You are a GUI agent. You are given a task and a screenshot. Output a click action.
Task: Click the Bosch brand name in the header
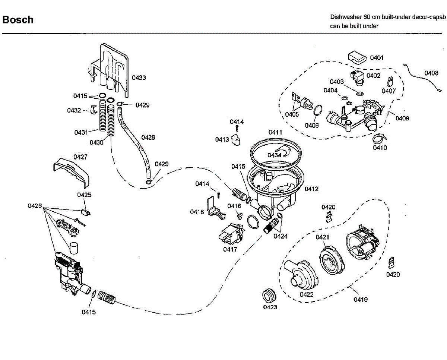pyautogui.click(x=18, y=20)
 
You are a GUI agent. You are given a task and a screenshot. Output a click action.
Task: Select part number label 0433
pyautogui.click(x=139, y=78)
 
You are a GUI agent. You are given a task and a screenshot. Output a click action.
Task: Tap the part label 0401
pyautogui.click(x=377, y=58)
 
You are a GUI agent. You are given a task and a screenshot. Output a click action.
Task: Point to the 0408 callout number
pyautogui.click(x=431, y=73)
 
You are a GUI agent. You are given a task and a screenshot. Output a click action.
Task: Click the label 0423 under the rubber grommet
pyautogui.click(x=270, y=307)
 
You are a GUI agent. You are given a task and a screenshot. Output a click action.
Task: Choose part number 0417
pyautogui.click(x=230, y=249)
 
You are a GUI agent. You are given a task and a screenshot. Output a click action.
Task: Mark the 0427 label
pyautogui.click(x=80, y=157)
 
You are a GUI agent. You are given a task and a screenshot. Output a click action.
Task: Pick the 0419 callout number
pyautogui.click(x=361, y=300)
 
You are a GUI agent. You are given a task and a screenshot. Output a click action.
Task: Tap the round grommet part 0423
pyautogui.click(x=269, y=295)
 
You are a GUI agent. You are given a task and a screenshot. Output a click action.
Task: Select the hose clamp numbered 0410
pyautogui.click(x=379, y=138)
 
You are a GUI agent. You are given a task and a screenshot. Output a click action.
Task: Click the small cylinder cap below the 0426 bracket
pyautogui.click(x=74, y=248)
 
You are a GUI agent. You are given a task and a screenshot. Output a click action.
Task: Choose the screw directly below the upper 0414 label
pyautogui.click(x=237, y=129)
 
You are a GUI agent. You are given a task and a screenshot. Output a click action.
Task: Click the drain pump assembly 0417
pyautogui.click(x=232, y=234)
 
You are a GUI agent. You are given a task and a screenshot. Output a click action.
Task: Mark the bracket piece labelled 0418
pyautogui.click(x=216, y=208)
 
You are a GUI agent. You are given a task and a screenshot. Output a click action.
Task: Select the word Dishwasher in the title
pyautogui.click(x=345, y=17)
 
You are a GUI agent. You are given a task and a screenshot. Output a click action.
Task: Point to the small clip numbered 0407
pyautogui.click(x=390, y=82)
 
